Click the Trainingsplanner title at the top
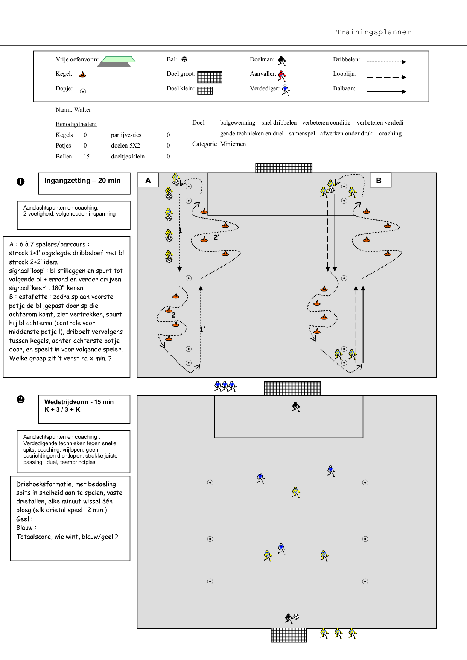[x=373, y=32]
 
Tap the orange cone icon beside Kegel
[x=82, y=75]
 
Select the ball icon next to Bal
[x=184, y=59]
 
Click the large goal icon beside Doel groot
[x=210, y=77]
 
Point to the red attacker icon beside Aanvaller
[x=282, y=76]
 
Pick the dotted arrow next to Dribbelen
[x=386, y=62]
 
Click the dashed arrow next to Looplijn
[x=386, y=77]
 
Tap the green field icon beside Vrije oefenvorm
[x=116, y=61]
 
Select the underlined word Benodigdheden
[x=76, y=124]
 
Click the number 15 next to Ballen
[x=87, y=157]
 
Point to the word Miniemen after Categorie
[x=233, y=144]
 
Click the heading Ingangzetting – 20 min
[x=82, y=181]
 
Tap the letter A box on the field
[x=148, y=180]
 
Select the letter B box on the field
[x=380, y=180]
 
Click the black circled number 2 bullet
[x=21, y=399]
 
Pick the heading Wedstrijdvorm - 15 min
[x=79, y=402]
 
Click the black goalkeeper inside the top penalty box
[x=296, y=407]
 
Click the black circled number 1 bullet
[x=21, y=181]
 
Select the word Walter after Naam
[x=82, y=110]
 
